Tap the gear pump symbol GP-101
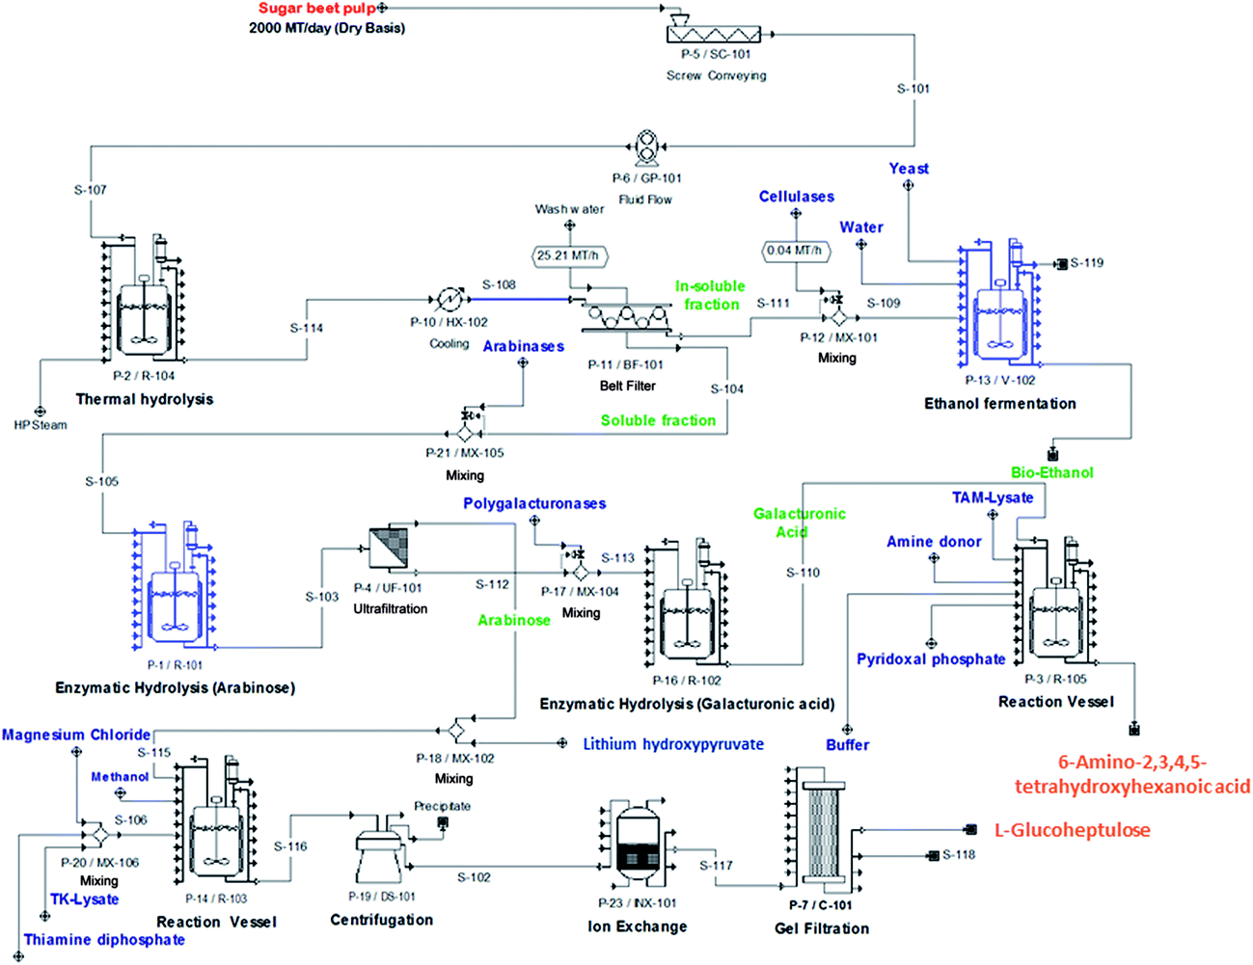[646, 148]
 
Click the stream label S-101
[913, 89]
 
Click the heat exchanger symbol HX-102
[449, 299]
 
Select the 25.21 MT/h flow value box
[570, 255]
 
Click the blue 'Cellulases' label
[796, 197]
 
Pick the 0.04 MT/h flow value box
[795, 251]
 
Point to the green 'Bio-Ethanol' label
[1051, 472]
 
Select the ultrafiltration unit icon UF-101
[389, 549]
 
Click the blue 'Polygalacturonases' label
[534, 503]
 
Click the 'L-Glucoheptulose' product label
[1072, 830]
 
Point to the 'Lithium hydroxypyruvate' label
[672, 744]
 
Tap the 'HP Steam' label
[41, 425]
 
